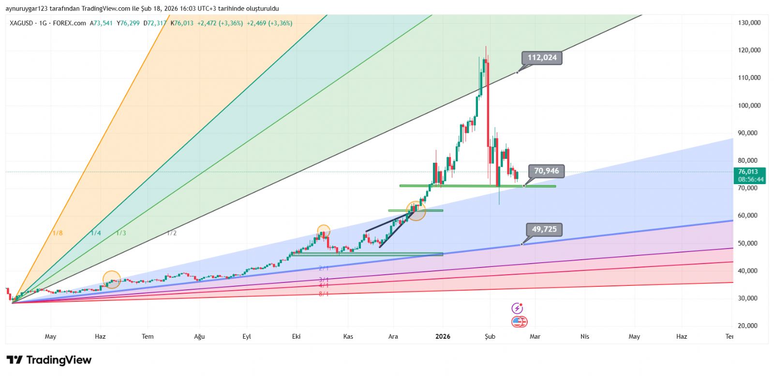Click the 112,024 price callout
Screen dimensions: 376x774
(x=542, y=58)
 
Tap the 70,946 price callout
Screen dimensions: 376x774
(x=546, y=171)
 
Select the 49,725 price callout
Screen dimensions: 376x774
(x=544, y=229)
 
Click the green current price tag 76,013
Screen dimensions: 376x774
(x=750, y=175)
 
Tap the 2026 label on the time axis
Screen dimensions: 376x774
(x=443, y=336)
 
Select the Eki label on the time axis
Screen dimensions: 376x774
(x=296, y=336)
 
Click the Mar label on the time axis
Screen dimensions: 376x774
(x=535, y=336)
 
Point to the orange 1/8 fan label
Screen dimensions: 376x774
(x=57, y=233)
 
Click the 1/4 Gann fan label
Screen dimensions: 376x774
(x=96, y=233)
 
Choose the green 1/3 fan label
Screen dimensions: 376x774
(x=121, y=233)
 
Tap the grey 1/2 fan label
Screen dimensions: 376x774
(x=172, y=233)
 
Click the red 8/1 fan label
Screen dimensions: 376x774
(x=324, y=294)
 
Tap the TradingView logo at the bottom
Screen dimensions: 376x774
(x=49, y=360)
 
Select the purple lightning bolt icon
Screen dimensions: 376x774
(x=517, y=308)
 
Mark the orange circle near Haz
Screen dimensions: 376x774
(x=112, y=280)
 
